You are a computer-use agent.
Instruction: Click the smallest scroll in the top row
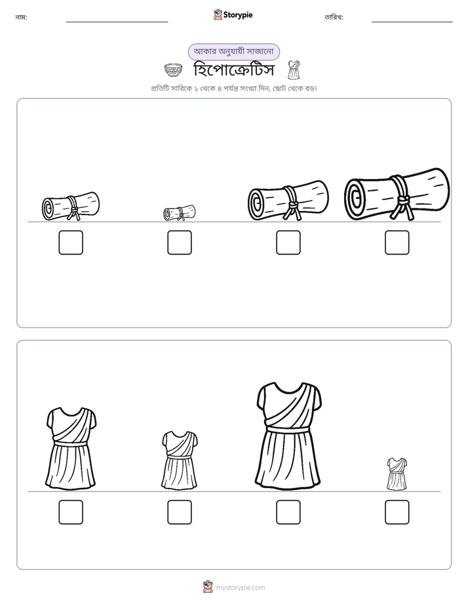(x=179, y=212)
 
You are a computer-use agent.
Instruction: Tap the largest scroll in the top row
(x=397, y=194)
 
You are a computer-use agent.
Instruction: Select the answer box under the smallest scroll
(x=180, y=243)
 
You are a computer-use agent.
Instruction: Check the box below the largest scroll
(x=397, y=243)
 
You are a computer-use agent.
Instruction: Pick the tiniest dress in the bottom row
(x=397, y=474)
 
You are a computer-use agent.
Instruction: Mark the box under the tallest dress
(x=288, y=512)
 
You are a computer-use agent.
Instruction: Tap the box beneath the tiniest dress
(x=397, y=512)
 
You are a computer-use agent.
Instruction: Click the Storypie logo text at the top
(x=238, y=15)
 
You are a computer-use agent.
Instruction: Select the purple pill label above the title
(x=233, y=52)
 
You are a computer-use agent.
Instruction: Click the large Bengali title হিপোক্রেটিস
(x=233, y=70)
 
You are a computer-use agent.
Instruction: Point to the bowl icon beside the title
(x=172, y=70)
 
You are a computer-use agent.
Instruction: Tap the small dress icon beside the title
(x=294, y=70)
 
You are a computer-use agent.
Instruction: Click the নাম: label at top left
(x=21, y=17)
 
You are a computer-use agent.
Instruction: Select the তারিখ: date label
(x=334, y=17)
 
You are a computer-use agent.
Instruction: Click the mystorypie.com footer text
(x=240, y=588)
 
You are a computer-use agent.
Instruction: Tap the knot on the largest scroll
(x=404, y=200)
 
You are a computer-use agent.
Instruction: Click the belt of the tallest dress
(x=288, y=430)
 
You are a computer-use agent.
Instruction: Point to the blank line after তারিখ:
(x=412, y=22)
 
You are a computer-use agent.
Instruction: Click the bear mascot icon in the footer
(x=208, y=587)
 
